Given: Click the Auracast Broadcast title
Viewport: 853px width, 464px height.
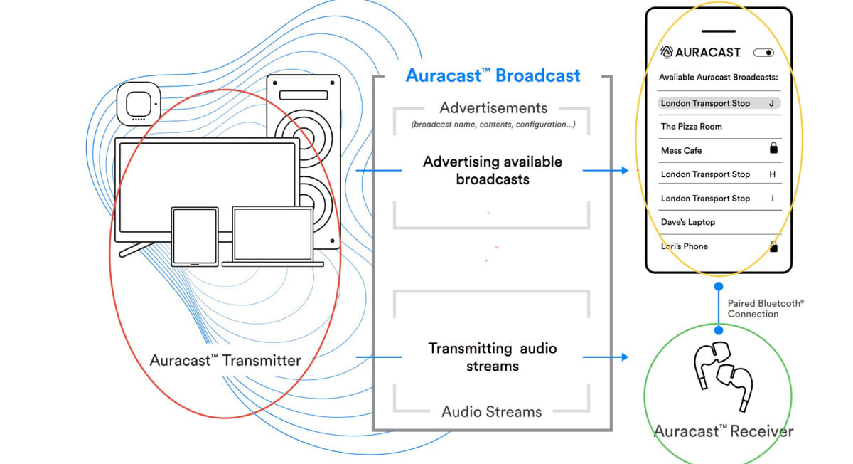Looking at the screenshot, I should (493, 75).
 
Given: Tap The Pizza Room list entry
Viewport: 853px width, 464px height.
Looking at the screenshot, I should (691, 127).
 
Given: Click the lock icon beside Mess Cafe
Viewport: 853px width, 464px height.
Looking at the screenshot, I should (773, 149).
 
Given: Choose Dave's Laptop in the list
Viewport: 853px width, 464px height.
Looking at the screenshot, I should (687, 222).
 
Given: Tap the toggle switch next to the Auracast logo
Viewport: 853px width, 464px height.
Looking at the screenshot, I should (765, 53).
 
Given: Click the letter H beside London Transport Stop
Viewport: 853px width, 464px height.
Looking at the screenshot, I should (773, 174).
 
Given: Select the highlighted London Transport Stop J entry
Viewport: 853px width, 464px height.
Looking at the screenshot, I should (718, 103).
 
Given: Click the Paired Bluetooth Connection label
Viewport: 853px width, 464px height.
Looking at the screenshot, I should (764, 308).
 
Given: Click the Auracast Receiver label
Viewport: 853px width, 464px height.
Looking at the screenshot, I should (723, 431).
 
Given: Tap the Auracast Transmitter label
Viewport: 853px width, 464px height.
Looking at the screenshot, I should (225, 360).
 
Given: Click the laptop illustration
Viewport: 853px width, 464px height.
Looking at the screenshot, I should (272, 237).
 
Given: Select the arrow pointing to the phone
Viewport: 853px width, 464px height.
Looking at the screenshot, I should (605, 170).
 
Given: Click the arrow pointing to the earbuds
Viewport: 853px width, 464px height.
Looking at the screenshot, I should (605, 357).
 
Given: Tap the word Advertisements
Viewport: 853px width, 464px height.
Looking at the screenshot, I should (493, 108).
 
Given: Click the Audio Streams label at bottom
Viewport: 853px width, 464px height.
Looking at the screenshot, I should (491, 411).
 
